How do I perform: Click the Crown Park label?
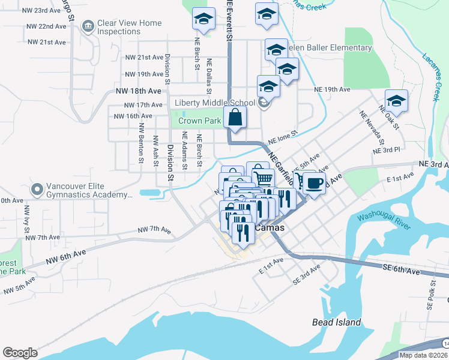pos(200,121)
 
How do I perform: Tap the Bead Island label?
pos(336,322)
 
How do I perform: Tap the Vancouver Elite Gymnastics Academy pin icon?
pos(37,190)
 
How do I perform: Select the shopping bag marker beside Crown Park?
pos(236,118)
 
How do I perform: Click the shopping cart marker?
pos(263,178)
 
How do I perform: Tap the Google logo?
pos(20,353)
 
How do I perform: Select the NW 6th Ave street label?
pos(65,257)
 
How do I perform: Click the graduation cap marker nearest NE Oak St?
pos(396,100)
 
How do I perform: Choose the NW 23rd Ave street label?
pos(44,11)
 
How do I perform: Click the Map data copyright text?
pos(415,355)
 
